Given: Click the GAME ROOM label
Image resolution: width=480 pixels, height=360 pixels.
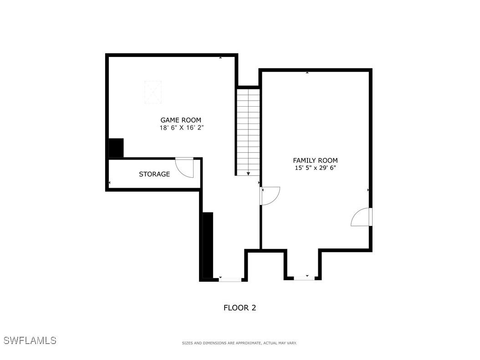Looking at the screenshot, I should coord(180,120).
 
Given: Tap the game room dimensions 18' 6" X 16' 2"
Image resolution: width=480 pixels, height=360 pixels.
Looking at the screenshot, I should coord(181,128).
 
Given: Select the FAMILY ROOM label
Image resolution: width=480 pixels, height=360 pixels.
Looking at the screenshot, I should coord(315,160).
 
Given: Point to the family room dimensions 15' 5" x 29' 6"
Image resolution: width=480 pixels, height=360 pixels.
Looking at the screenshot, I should coord(315,168).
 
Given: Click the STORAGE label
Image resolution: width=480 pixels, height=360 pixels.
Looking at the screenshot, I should coord(154,174).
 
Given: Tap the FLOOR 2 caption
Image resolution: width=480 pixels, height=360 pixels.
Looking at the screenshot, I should coord(240,308).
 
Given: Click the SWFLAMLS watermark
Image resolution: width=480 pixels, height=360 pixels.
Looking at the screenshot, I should coord(30,340).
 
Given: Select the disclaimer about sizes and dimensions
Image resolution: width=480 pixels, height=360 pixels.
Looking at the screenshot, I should coord(239,343).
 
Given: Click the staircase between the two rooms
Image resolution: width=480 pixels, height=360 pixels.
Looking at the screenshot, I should coord(248,130).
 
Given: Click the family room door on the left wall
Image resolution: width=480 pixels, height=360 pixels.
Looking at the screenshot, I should coord(269,195).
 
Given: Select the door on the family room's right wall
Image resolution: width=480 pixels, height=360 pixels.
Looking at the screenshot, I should coord(363,217).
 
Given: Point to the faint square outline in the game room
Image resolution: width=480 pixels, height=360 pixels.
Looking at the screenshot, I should coord(153,92).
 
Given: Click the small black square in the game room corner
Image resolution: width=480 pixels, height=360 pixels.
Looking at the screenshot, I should coord(116,148).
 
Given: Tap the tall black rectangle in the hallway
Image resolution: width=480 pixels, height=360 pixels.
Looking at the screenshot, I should coord(208,245).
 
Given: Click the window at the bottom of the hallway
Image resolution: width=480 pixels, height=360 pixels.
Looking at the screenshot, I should coord(230,279).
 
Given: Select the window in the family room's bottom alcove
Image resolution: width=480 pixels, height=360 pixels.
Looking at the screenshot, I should coord(304,278).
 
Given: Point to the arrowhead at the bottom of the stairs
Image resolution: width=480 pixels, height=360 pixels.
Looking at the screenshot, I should coord(248,174).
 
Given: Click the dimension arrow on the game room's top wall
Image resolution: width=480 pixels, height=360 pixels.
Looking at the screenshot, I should coord(220,57).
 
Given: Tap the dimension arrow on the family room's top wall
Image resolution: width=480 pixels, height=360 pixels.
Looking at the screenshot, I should coord(307,72).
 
